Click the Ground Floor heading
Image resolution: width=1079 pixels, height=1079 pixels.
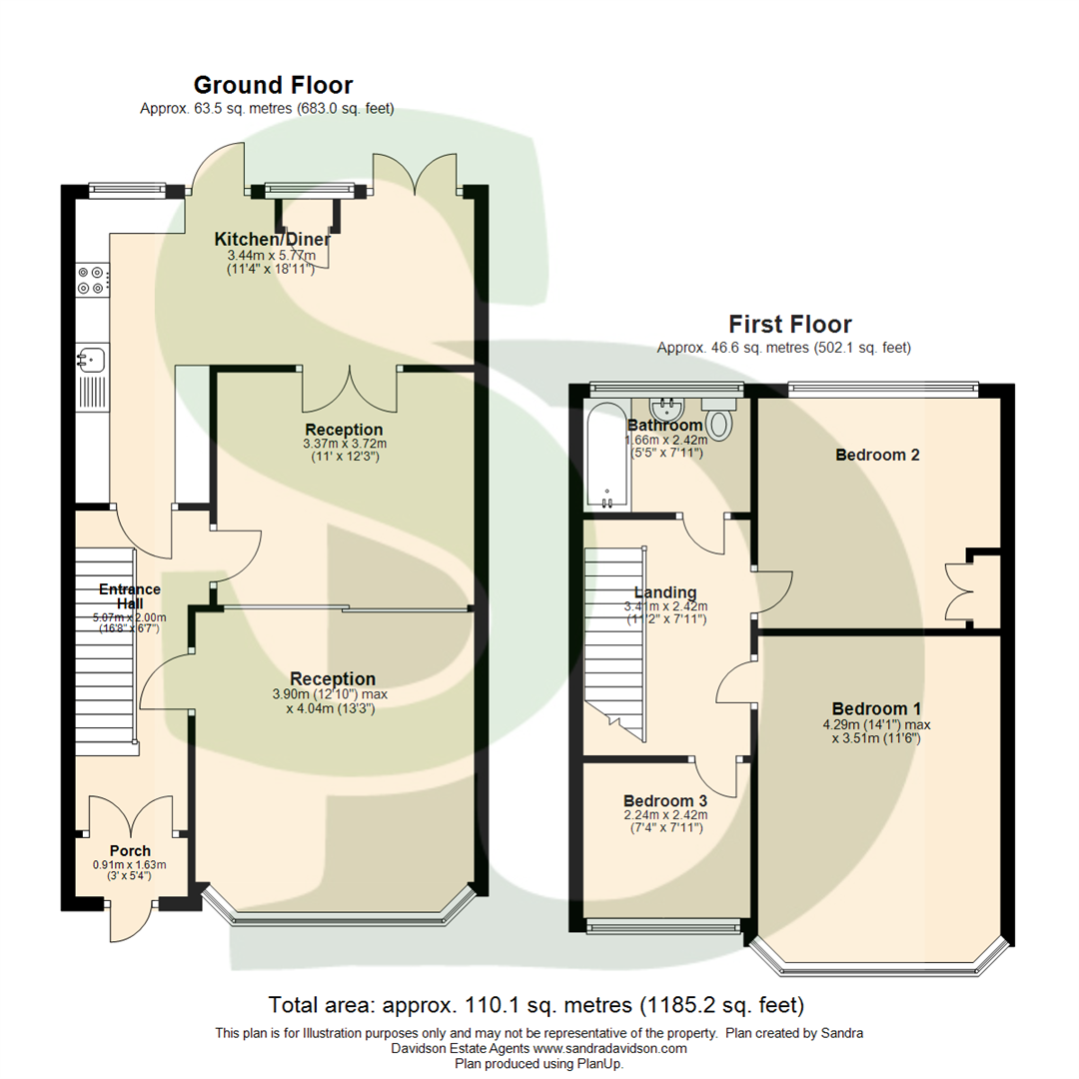tap(273, 85)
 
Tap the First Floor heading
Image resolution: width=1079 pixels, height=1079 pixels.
tap(789, 324)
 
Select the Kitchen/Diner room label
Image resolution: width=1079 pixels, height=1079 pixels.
tap(272, 240)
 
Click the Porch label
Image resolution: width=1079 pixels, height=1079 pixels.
tap(130, 851)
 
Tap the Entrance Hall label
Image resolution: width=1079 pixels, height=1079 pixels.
tap(129, 596)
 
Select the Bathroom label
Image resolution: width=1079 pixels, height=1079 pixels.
tap(664, 426)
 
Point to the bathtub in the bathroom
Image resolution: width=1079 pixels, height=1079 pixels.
tap(607, 456)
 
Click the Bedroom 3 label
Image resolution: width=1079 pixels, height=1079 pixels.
tap(664, 800)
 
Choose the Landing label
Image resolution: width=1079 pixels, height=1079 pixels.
tap(664, 592)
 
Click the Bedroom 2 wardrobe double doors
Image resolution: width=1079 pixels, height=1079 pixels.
tap(959, 590)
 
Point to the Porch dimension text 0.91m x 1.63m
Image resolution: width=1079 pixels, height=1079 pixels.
tap(129, 865)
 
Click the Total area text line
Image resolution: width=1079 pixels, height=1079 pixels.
tap(538, 1003)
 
